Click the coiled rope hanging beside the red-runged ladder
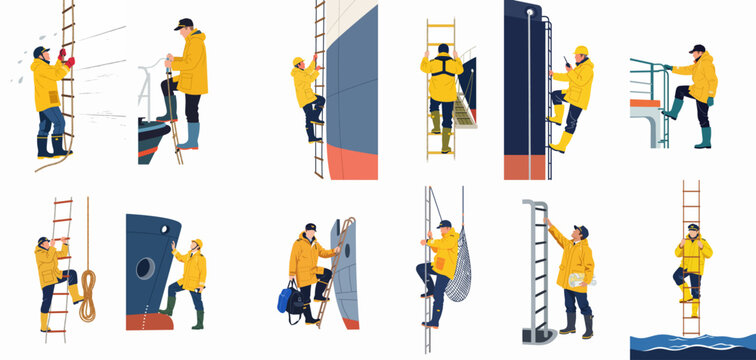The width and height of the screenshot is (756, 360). [88, 296]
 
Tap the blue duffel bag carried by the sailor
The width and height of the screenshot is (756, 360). [289, 298]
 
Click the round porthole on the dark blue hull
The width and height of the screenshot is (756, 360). [145, 268]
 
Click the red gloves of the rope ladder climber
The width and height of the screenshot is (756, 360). [66, 58]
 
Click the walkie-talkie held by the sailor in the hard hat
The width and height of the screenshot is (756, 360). [567, 64]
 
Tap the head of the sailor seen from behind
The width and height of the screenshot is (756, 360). [442, 49]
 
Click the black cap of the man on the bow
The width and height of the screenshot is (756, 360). [184, 23]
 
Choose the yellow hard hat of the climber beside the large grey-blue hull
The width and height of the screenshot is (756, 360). [297, 61]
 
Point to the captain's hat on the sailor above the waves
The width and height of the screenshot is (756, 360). [692, 228]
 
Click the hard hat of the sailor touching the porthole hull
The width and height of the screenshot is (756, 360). [197, 242]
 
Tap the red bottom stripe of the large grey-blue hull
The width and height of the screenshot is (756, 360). [352, 160]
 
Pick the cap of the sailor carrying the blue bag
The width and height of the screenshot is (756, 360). [310, 227]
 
